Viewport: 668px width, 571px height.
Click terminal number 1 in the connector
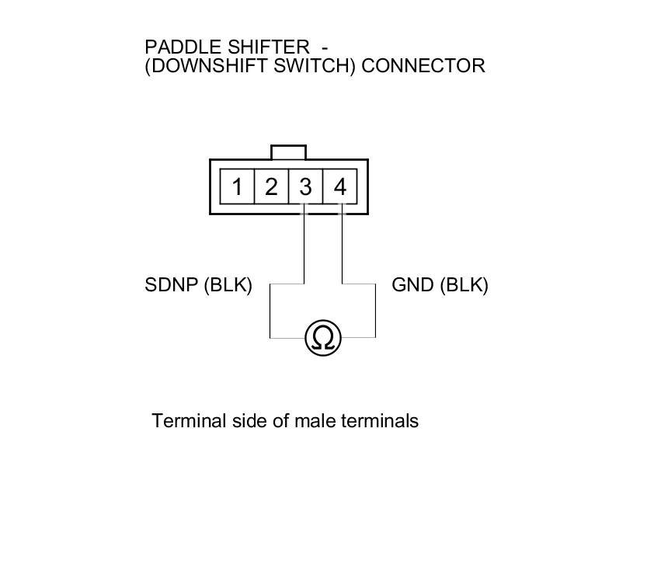pyautogui.click(x=237, y=187)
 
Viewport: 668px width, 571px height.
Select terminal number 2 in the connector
pyautogui.click(x=271, y=187)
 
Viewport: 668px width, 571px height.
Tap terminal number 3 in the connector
pyautogui.click(x=305, y=187)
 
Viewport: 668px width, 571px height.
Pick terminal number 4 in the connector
pyautogui.click(x=339, y=187)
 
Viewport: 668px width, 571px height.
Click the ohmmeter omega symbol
pyautogui.click(x=323, y=338)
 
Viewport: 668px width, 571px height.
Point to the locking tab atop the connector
pyautogui.click(x=288, y=152)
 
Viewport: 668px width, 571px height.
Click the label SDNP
pyautogui.click(x=171, y=285)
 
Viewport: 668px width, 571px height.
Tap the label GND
pyautogui.click(x=412, y=285)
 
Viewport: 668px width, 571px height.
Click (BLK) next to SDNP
pyautogui.click(x=228, y=285)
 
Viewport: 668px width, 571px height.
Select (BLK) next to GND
pyautogui.click(x=464, y=285)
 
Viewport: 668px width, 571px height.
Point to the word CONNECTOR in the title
pyautogui.click(x=423, y=66)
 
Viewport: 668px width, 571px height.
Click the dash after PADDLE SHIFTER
pyautogui.click(x=324, y=48)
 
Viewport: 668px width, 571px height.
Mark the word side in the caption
pyautogui.click(x=249, y=421)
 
